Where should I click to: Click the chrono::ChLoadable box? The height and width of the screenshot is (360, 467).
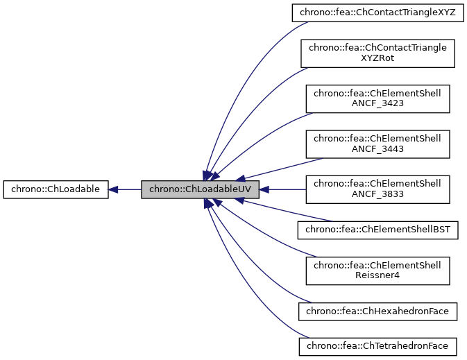click(x=56, y=189)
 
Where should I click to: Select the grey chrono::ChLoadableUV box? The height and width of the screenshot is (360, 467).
click(x=200, y=189)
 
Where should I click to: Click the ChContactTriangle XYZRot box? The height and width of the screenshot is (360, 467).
click(x=377, y=53)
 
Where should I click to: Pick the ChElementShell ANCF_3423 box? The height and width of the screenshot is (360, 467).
click(x=377, y=98)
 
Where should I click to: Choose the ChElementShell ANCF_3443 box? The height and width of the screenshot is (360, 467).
click(x=377, y=144)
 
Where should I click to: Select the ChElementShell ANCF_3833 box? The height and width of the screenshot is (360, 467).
click(x=377, y=189)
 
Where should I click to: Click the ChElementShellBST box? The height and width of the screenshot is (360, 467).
click(x=377, y=229)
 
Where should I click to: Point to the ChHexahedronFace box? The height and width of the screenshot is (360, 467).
click(x=377, y=311)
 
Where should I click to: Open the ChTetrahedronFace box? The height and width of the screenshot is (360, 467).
click(x=377, y=345)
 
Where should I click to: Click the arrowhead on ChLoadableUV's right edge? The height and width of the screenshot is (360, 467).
click(x=265, y=189)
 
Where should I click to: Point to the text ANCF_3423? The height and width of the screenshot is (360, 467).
click(x=377, y=104)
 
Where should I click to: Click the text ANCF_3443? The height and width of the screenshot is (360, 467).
click(x=377, y=149)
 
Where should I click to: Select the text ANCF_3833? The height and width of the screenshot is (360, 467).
click(x=377, y=194)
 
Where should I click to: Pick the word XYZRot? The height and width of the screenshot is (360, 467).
click(x=377, y=59)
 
